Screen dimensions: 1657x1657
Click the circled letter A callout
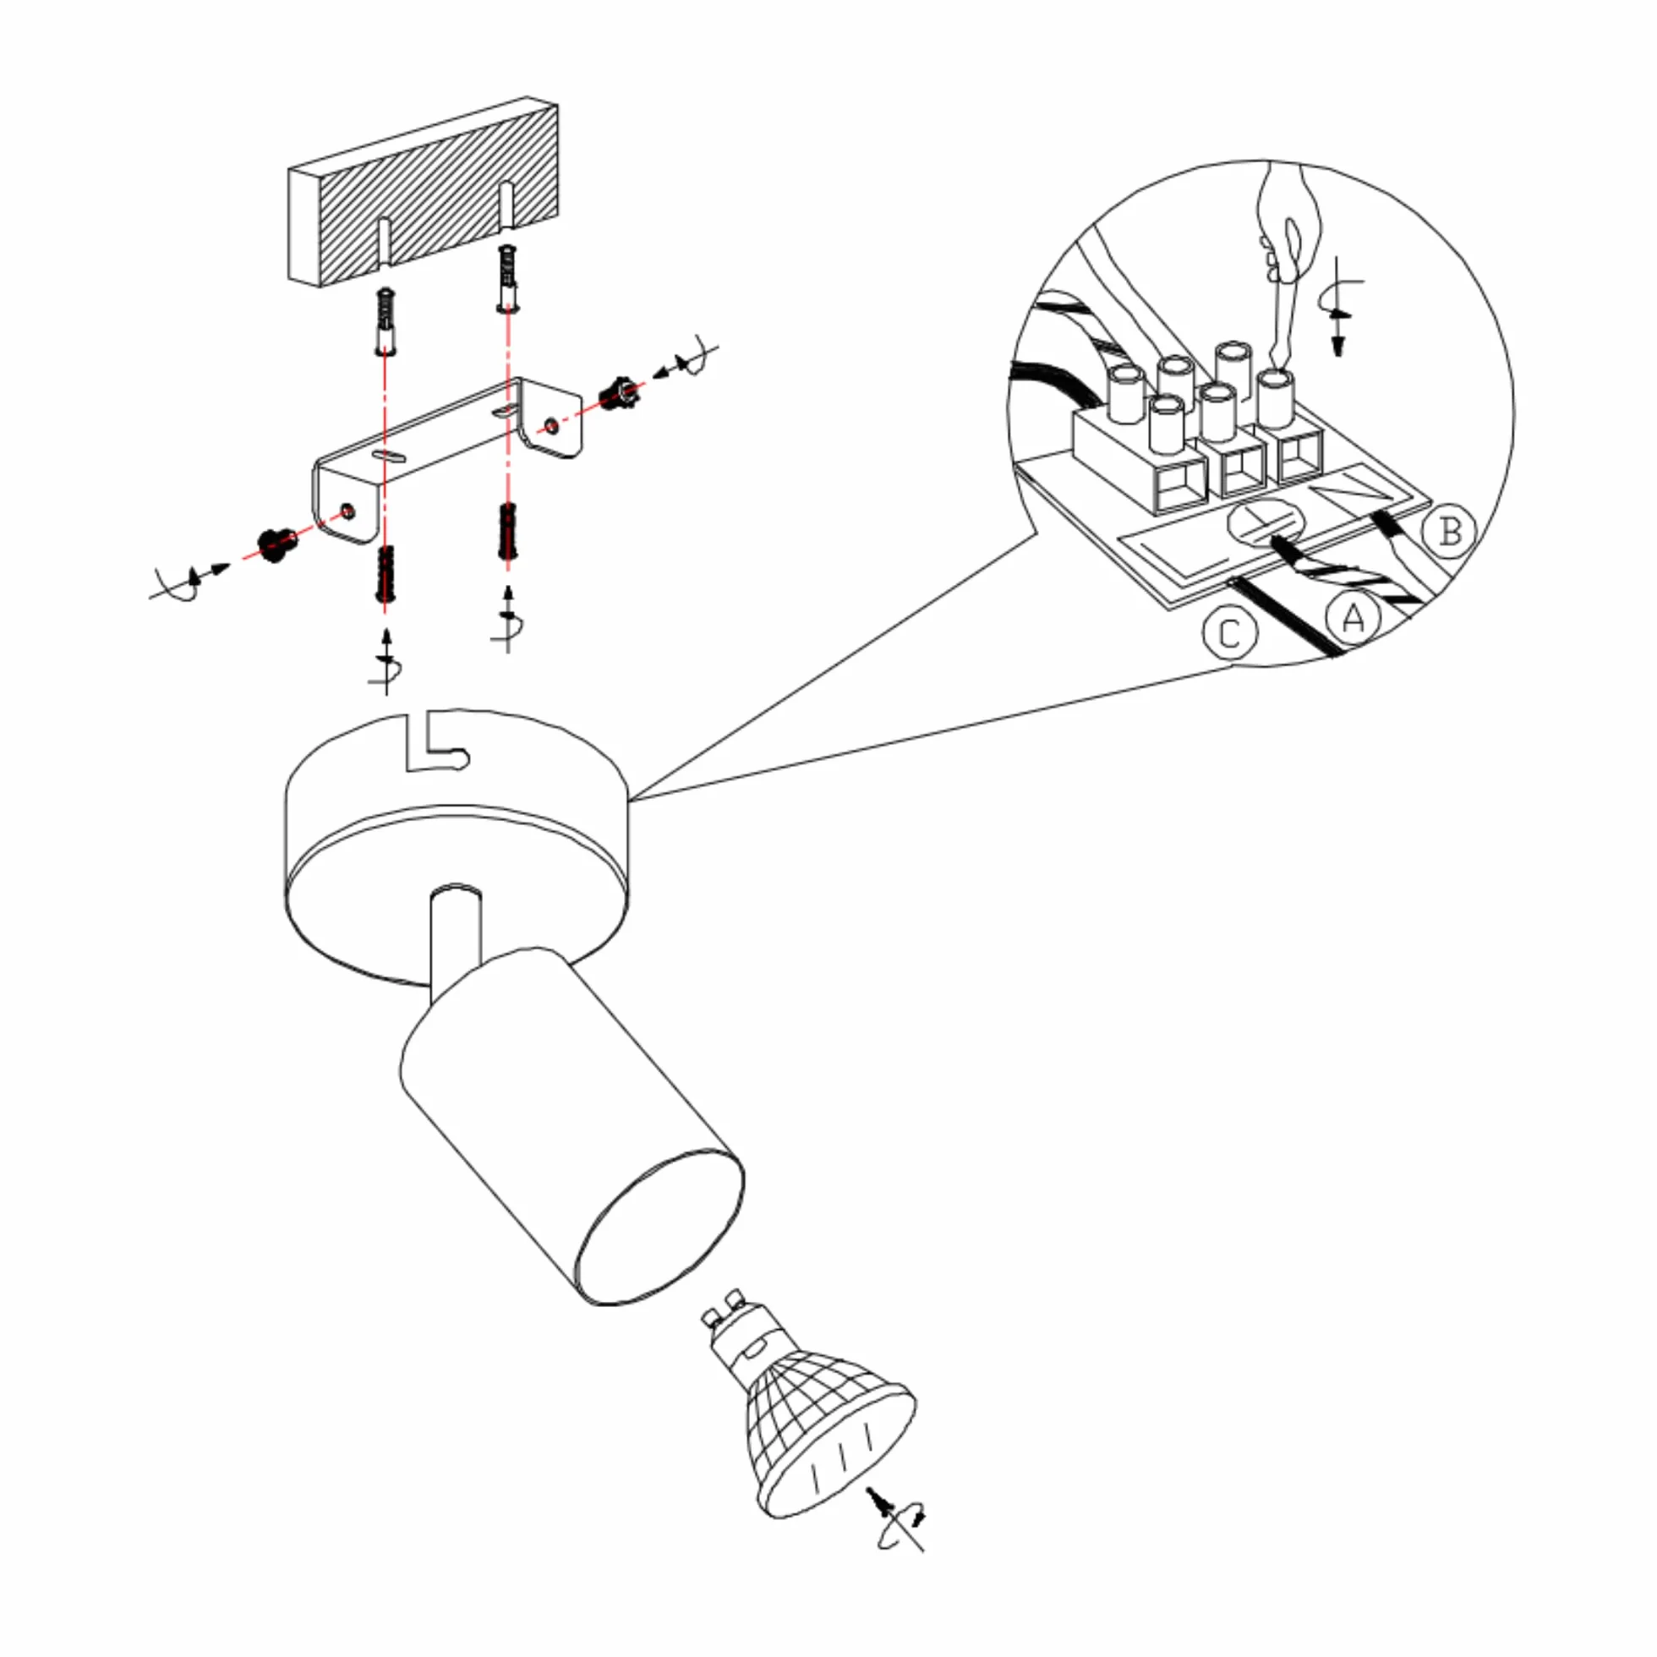pos(1353,617)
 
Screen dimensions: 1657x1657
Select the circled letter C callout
pos(1230,634)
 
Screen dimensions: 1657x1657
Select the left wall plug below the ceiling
pos(386,321)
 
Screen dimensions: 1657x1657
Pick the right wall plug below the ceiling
pos(508,278)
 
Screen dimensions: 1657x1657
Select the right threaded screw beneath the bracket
pos(508,532)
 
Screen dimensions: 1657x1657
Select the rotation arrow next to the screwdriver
pos(1338,304)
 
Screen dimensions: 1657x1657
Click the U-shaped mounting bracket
pos(447,460)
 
